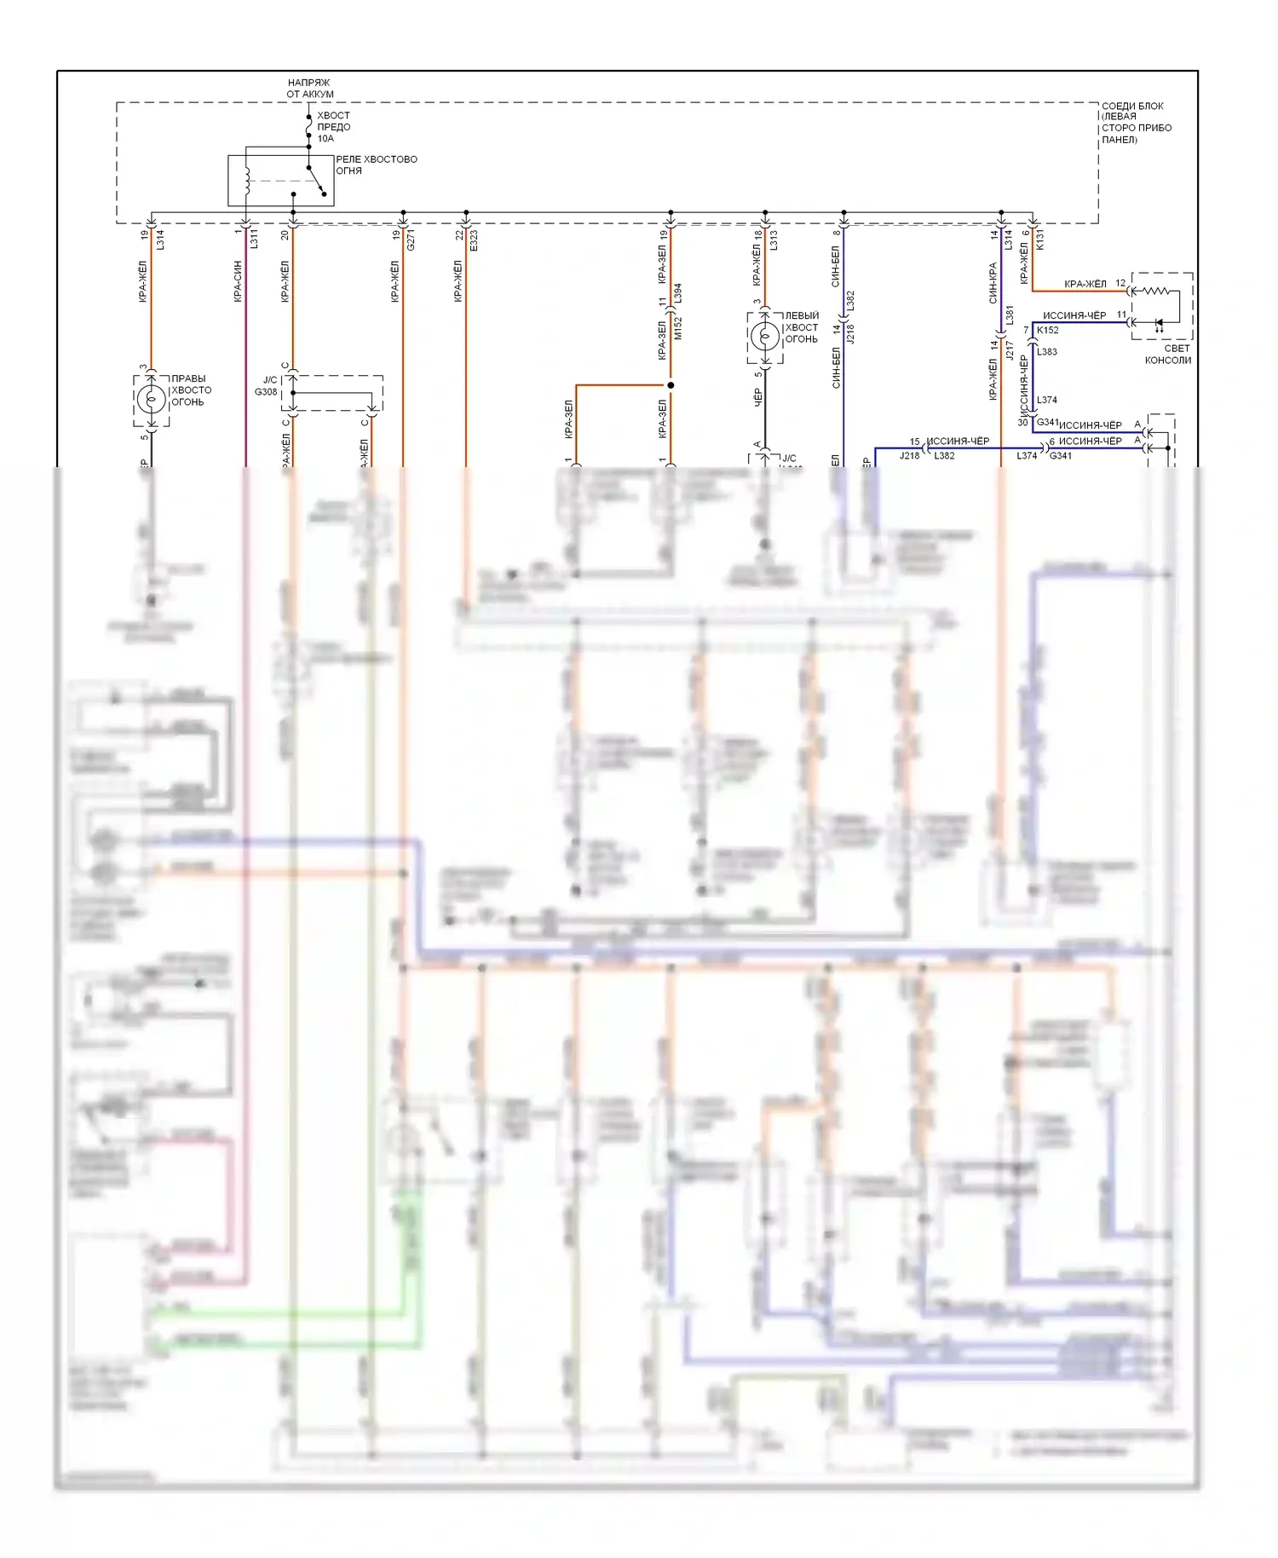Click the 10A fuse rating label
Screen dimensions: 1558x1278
coord(325,139)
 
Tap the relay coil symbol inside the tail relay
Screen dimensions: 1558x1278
coord(248,180)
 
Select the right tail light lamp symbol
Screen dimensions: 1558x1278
coord(152,398)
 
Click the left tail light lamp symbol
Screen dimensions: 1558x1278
coord(764,338)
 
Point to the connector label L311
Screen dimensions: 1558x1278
coord(254,239)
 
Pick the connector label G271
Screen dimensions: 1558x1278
coord(410,239)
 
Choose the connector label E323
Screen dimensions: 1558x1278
coord(474,240)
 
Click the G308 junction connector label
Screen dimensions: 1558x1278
coord(266,392)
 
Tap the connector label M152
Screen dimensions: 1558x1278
coord(679,328)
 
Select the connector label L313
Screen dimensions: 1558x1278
coord(774,239)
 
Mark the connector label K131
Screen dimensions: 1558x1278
coord(1039,239)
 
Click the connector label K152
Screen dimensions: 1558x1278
coord(1048,330)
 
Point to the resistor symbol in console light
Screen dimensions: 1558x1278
coord(1155,291)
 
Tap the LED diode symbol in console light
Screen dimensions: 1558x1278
coord(1158,324)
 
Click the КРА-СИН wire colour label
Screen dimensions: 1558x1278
coord(238,281)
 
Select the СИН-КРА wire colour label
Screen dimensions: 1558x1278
coord(993,283)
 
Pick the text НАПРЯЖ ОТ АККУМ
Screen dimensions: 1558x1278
coord(309,89)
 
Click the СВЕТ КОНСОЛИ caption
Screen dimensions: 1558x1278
coord(1168,355)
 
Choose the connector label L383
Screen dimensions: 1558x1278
coord(1047,352)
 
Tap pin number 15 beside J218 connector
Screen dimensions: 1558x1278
coord(914,441)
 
